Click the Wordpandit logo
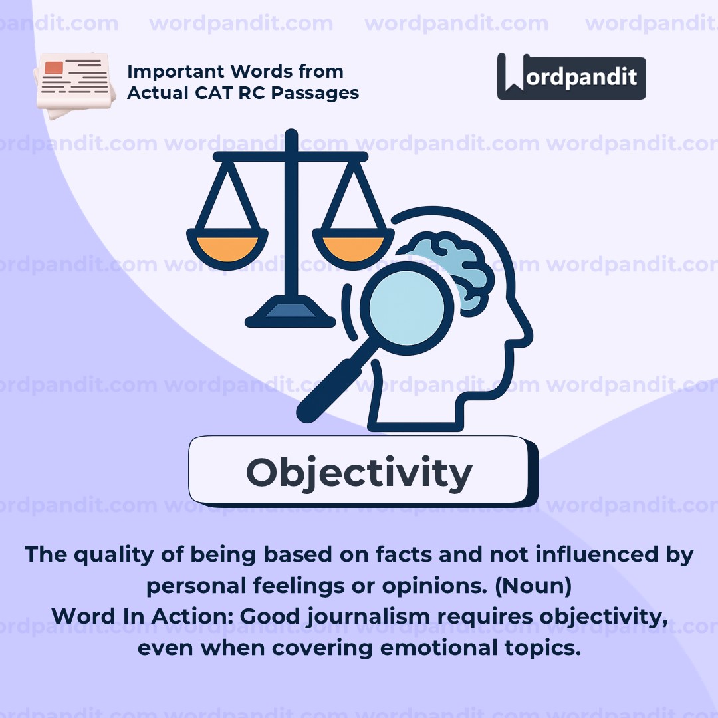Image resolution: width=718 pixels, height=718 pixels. (571, 76)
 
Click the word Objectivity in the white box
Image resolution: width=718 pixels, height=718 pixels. (359, 473)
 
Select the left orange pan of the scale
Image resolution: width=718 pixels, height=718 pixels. (227, 248)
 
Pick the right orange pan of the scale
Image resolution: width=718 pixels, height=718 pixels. (353, 248)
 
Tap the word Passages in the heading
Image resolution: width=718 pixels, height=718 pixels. (315, 94)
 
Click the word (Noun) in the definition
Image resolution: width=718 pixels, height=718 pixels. (533, 586)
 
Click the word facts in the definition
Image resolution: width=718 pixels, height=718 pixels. (403, 554)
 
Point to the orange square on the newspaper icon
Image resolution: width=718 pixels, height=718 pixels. (54, 67)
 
